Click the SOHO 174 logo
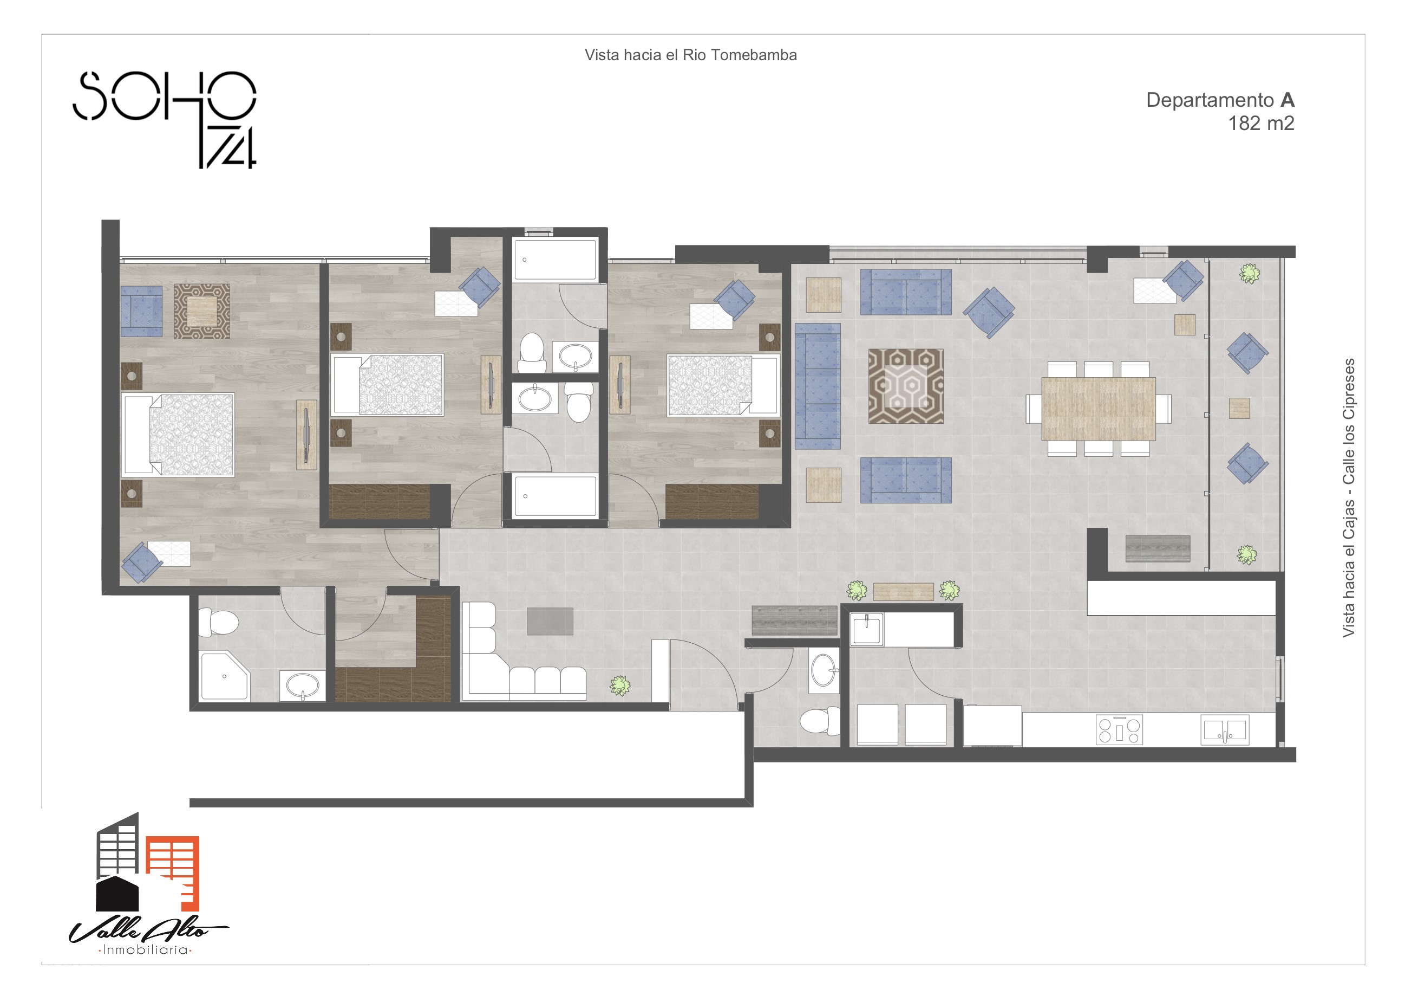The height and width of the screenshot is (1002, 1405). point(165,119)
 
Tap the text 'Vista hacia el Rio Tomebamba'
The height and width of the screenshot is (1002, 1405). point(690,55)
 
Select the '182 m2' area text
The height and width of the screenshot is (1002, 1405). point(1261,124)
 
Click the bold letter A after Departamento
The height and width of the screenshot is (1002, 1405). point(1288,100)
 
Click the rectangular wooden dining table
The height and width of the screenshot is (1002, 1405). point(1098,409)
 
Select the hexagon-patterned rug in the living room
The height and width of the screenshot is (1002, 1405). point(906,386)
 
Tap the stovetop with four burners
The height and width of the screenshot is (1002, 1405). point(1119,729)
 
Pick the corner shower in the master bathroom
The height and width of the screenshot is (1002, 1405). point(224,676)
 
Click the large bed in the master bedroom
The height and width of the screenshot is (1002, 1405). point(178,435)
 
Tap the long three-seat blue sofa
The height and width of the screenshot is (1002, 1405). point(818,386)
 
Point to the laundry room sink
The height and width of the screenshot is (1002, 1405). point(867,629)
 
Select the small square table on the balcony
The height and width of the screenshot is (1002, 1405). point(1239,409)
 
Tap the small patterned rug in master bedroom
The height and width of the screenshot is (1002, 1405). point(201,311)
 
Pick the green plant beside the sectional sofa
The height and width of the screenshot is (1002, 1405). point(620,686)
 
